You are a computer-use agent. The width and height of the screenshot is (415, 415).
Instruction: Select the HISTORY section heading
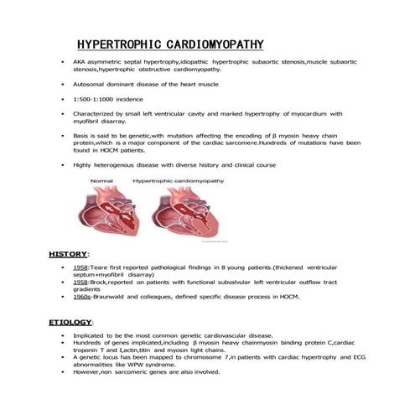pyautogui.click(x=68, y=253)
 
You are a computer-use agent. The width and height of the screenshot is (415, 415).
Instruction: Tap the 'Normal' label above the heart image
pyautogui.click(x=101, y=180)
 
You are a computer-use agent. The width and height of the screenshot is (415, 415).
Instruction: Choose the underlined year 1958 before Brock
pyautogui.click(x=81, y=282)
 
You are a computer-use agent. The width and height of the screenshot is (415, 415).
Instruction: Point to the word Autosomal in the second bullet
pyautogui.click(x=91, y=85)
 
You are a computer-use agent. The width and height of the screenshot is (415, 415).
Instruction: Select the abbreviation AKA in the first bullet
pyautogui.click(x=80, y=63)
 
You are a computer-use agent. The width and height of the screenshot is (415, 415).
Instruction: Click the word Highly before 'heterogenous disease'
pyautogui.click(x=85, y=165)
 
